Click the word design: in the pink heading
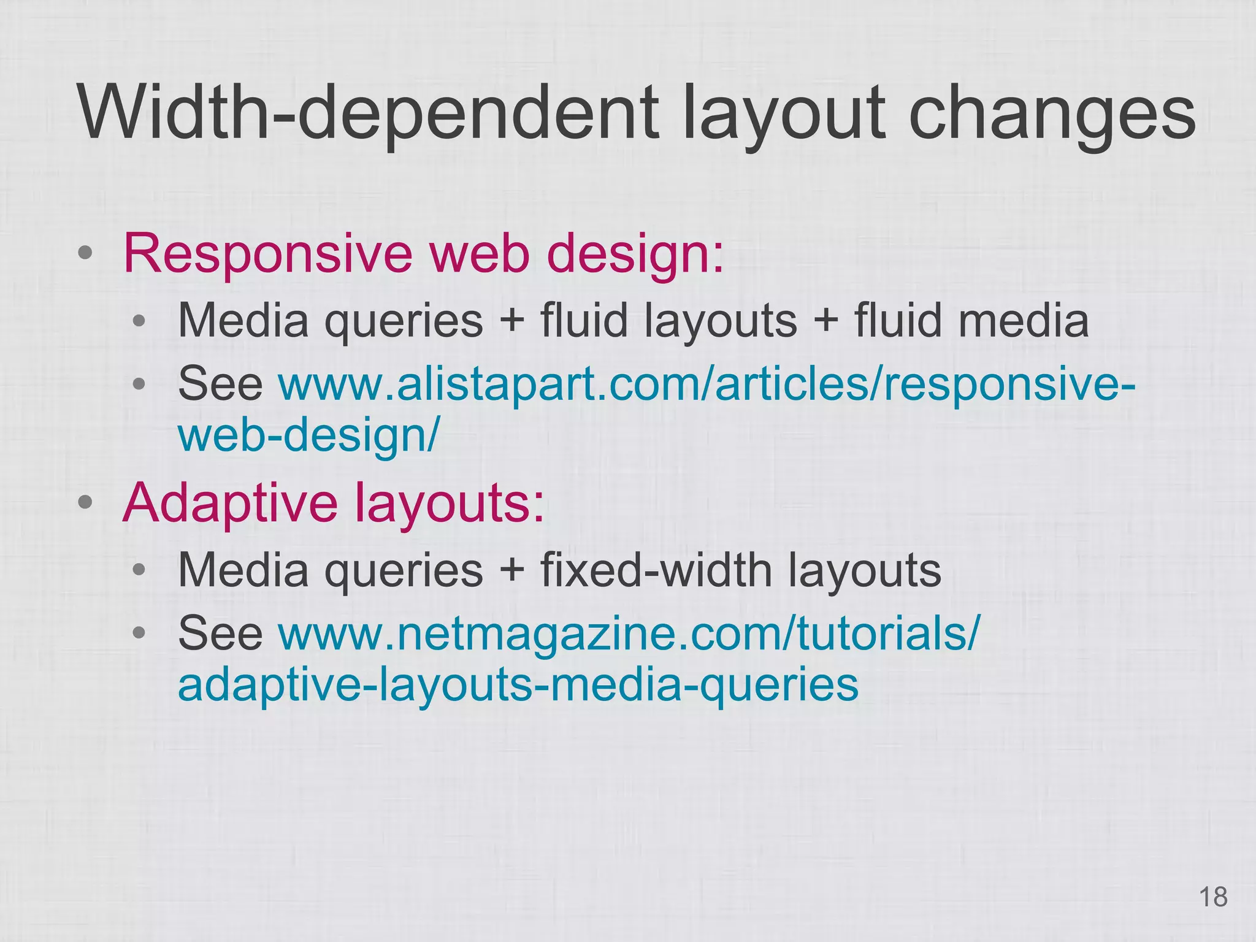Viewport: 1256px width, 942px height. [x=635, y=254]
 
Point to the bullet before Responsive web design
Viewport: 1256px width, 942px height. [x=86, y=253]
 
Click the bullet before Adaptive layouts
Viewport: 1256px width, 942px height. [x=86, y=503]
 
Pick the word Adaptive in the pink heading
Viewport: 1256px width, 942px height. [x=230, y=503]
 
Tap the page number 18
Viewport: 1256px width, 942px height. [x=1212, y=897]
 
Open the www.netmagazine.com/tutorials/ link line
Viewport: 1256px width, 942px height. [x=629, y=634]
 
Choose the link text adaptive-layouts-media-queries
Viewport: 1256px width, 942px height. [x=518, y=684]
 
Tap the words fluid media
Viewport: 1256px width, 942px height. [x=971, y=321]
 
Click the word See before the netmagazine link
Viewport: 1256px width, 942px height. [x=220, y=634]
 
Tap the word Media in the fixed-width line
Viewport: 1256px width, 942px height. [x=243, y=570]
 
